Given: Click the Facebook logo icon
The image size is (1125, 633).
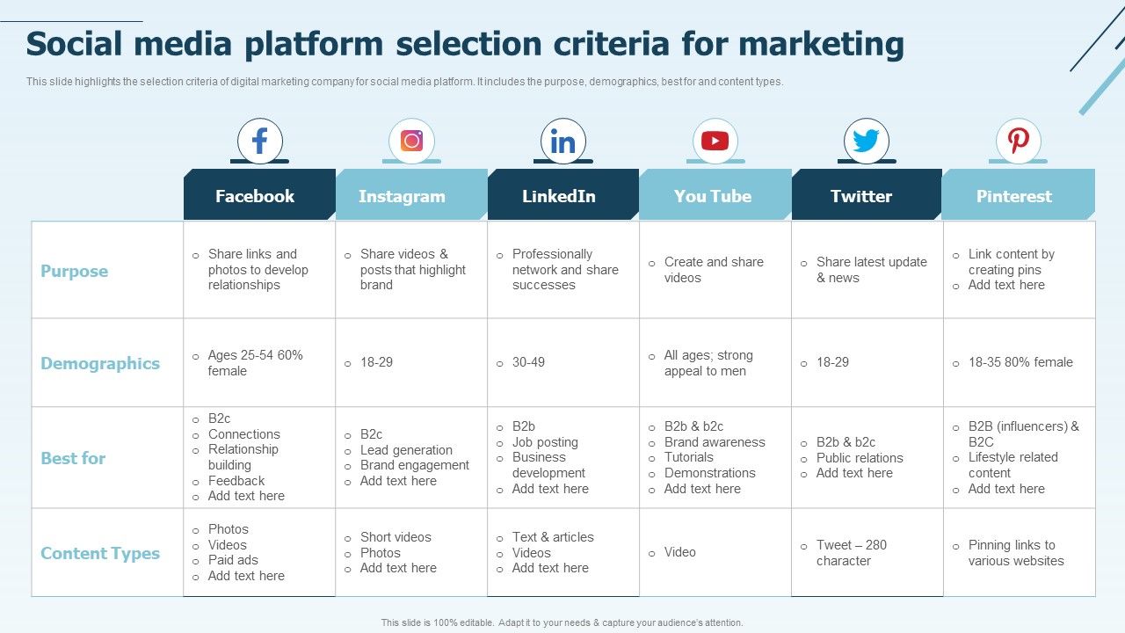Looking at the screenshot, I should pos(259,141).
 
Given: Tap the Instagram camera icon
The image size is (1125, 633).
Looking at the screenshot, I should pos(411,141).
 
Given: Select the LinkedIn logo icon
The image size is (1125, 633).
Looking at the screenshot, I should pos(563,141).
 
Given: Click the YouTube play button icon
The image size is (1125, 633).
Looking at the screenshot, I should pos(715,141).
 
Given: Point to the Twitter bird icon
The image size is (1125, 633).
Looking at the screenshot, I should pos(867,141).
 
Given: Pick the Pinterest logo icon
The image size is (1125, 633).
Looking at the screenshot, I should pos(1019,141).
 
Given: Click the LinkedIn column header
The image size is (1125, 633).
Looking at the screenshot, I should pos(559,196).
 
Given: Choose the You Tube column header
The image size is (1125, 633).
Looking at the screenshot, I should pos(713,196).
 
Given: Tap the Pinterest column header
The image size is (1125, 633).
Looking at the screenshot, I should pos(1014,196).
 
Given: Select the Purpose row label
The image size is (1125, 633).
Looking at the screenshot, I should pos(75,271).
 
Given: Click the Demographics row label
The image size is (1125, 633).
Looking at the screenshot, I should pos(100,363).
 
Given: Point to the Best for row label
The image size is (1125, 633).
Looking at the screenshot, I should pos(73,458).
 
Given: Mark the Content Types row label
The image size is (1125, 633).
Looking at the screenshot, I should pos(100,553).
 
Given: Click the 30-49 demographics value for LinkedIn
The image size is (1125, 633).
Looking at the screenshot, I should pos(528,362).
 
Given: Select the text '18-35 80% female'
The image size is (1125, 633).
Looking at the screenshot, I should pos(1020,362).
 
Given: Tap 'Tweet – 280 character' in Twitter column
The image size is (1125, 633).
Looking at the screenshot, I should pos(851,553).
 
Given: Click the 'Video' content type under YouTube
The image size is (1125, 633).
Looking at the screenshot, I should pos(680,552).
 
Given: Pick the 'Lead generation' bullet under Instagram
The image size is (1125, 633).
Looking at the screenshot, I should pos(406,450).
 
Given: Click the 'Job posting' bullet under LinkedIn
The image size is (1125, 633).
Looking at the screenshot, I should pos(545,442).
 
